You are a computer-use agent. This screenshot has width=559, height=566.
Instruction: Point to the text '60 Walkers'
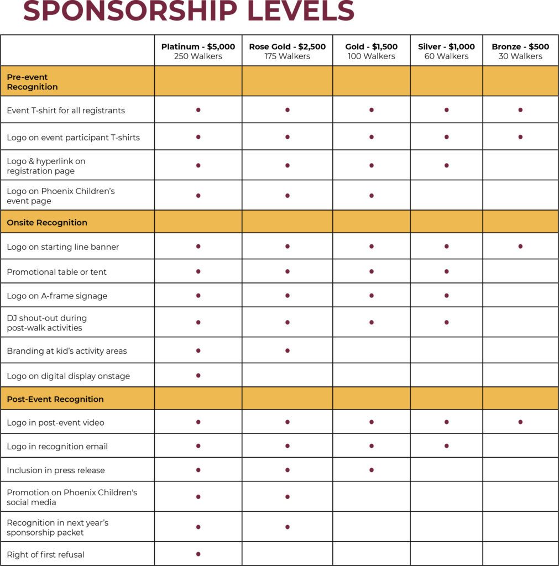click(x=446, y=56)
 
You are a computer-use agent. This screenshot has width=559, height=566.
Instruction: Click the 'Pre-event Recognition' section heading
click(x=32, y=82)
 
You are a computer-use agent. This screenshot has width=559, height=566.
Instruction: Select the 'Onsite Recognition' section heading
click(x=47, y=223)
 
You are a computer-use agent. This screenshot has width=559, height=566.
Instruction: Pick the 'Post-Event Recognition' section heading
click(x=55, y=399)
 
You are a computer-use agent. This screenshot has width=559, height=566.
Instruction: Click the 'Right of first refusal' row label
click(x=45, y=554)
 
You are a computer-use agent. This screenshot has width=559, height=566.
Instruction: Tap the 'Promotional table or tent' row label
click(x=56, y=272)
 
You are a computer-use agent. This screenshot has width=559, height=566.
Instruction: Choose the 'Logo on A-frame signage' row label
click(x=57, y=296)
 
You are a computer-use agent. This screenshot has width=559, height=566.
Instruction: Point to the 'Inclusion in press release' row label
click(x=56, y=470)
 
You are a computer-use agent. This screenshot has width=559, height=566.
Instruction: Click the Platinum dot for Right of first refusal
click(x=198, y=554)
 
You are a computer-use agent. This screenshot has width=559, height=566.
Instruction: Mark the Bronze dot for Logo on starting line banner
click(x=520, y=247)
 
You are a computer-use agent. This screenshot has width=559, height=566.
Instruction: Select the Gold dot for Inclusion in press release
click(x=372, y=470)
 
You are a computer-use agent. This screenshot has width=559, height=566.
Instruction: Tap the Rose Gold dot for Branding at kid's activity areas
click(x=288, y=350)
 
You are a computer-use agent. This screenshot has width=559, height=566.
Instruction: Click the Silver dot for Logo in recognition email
click(x=446, y=446)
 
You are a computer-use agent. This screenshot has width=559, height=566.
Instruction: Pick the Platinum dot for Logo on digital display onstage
click(x=198, y=375)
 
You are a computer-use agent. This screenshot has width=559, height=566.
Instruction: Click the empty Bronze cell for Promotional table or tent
click(x=520, y=271)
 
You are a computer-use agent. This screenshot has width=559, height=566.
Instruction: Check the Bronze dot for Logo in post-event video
click(x=520, y=422)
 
